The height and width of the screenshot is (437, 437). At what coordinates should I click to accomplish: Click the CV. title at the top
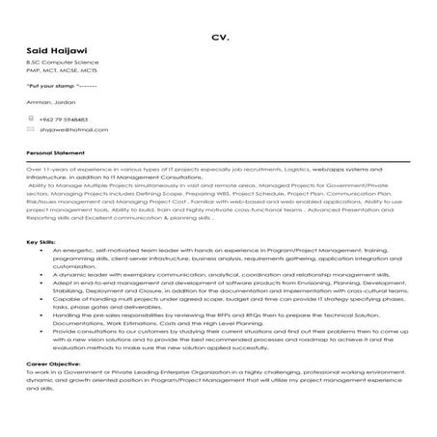pos(218,39)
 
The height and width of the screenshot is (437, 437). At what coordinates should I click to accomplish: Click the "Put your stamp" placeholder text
pos(58,86)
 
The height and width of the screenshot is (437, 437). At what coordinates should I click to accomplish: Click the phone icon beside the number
pos(31,117)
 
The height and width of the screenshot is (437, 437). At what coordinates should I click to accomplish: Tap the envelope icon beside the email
pos(31,127)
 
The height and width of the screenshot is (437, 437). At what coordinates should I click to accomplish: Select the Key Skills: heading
pos(43,240)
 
